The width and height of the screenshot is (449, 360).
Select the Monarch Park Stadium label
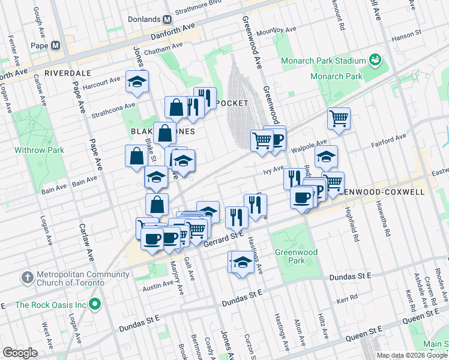(322, 61)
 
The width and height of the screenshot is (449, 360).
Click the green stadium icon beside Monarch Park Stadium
(375, 60)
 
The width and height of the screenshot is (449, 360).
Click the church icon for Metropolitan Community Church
(26, 278)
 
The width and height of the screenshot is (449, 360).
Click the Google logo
(20, 353)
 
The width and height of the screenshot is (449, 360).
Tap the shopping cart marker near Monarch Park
(339, 118)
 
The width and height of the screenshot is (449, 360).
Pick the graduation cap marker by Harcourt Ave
(137, 81)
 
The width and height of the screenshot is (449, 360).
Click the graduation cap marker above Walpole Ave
(326, 157)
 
